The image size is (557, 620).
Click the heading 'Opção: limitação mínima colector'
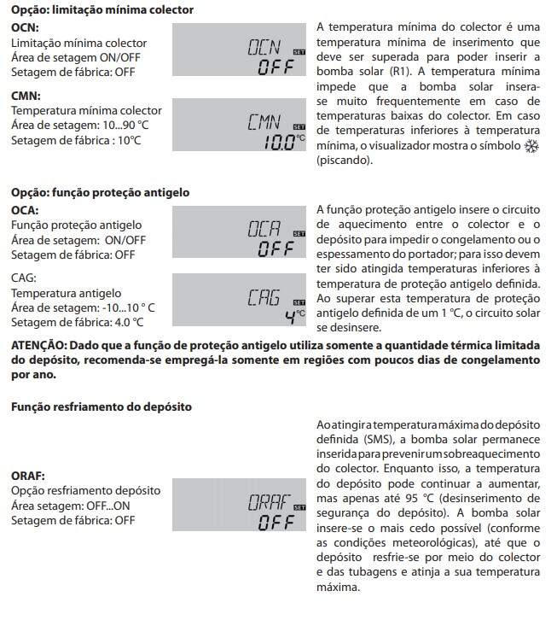tap(102, 10)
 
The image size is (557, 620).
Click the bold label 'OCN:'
tap(25, 27)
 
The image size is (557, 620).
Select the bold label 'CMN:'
tap(26, 96)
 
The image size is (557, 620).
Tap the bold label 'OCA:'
tap(25, 209)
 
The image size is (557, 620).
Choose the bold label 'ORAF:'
tap(28, 475)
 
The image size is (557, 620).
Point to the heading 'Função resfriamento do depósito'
tap(101, 407)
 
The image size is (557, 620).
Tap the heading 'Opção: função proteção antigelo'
tap(100, 192)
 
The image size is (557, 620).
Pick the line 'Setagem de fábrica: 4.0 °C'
tap(77, 322)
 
